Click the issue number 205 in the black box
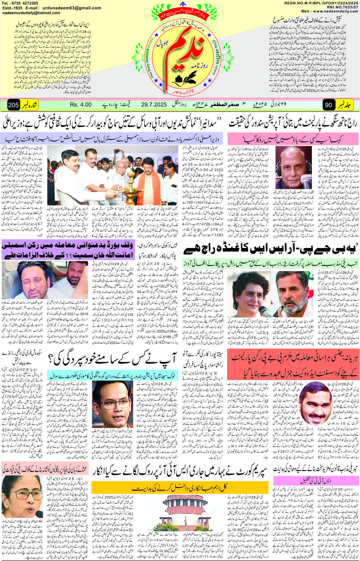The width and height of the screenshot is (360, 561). (13, 105)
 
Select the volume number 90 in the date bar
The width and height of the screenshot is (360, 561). (328, 105)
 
